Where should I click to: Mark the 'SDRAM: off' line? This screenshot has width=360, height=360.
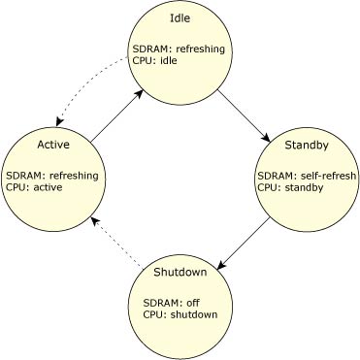click(157, 301)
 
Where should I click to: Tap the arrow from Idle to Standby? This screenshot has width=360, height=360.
click(242, 116)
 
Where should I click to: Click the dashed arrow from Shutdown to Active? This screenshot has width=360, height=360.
click(115, 243)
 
